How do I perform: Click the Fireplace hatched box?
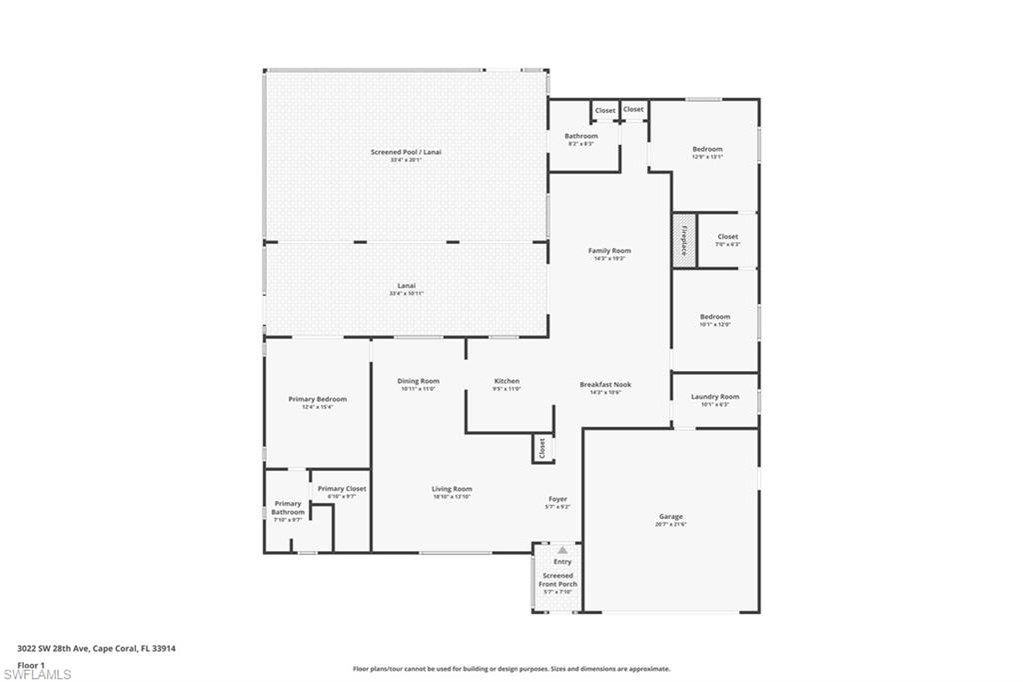(x=683, y=240)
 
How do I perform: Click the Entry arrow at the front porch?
(x=562, y=550)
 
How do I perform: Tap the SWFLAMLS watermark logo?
(x=37, y=674)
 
